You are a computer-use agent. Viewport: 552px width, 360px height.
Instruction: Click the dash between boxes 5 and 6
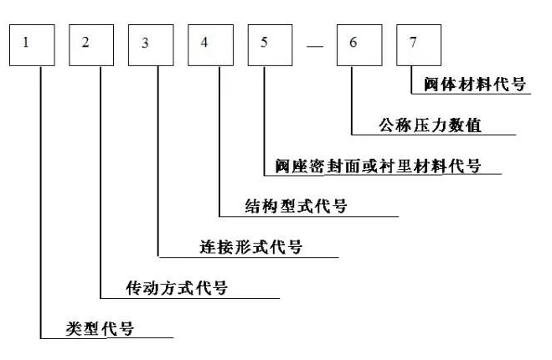[x=314, y=46]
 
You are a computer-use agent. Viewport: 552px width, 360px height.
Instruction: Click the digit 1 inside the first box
[x=26, y=42]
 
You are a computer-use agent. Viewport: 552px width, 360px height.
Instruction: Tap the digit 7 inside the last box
[x=411, y=41]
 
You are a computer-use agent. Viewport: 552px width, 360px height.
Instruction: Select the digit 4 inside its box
[x=204, y=42]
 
